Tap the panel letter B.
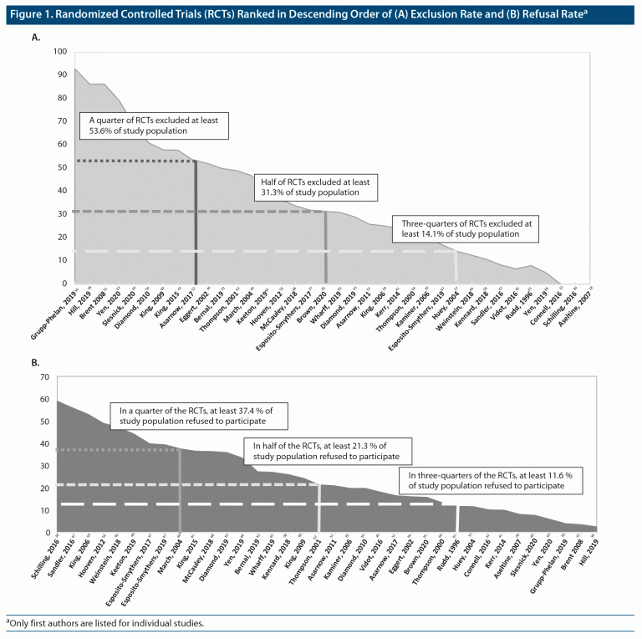pyautogui.click(x=35, y=364)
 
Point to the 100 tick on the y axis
pyautogui.click(x=59, y=52)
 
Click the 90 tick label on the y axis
pyautogui.click(x=61, y=75)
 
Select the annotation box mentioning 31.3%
pyautogui.click(x=316, y=187)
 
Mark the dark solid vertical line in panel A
pyautogui.click(x=196, y=222)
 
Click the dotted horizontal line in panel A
pyautogui.click(x=134, y=161)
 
